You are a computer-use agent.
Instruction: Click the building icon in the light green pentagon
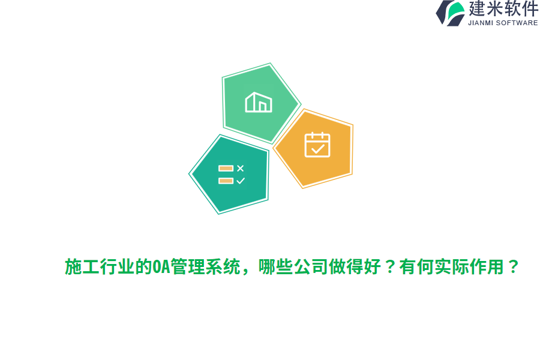(x=259, y=102)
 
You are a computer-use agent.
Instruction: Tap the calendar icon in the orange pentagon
(x=317, y=145)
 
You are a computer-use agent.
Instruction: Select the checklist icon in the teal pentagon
(x=232, y=175)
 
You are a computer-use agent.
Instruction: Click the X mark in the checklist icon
(x=241, y=168)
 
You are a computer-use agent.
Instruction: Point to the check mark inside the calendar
(x=317, y=149)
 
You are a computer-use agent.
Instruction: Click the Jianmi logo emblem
(x=450, y=13)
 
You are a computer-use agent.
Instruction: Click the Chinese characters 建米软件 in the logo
(x=503, y=8)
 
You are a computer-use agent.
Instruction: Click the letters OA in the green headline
(x=161, y=266)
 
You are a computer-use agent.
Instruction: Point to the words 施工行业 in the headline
(x=100, y=266)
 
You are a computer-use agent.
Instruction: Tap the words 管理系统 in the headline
(x=205, y=266)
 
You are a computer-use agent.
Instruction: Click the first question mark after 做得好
(x=390, y=266)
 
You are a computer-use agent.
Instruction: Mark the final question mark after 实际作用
(x=513, y=266)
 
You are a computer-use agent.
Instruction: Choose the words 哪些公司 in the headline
(x=293, y=266)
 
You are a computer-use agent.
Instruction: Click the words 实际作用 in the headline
(x=469, y=266)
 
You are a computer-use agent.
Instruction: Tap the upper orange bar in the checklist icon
(x=226, y=168)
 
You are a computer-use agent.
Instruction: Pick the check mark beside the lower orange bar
(x=241, y=181)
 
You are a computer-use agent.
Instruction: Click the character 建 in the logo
(x=476, y=8)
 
